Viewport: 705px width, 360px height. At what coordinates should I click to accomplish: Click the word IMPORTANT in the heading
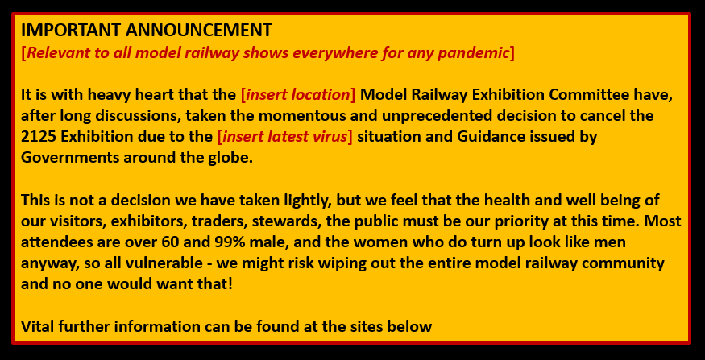click(71, 30)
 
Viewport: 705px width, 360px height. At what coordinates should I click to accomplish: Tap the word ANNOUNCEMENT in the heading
click(199, 30)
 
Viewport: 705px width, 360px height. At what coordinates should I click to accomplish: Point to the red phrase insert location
click(298, 95)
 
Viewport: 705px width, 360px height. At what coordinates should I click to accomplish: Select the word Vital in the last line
click(38, 326)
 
